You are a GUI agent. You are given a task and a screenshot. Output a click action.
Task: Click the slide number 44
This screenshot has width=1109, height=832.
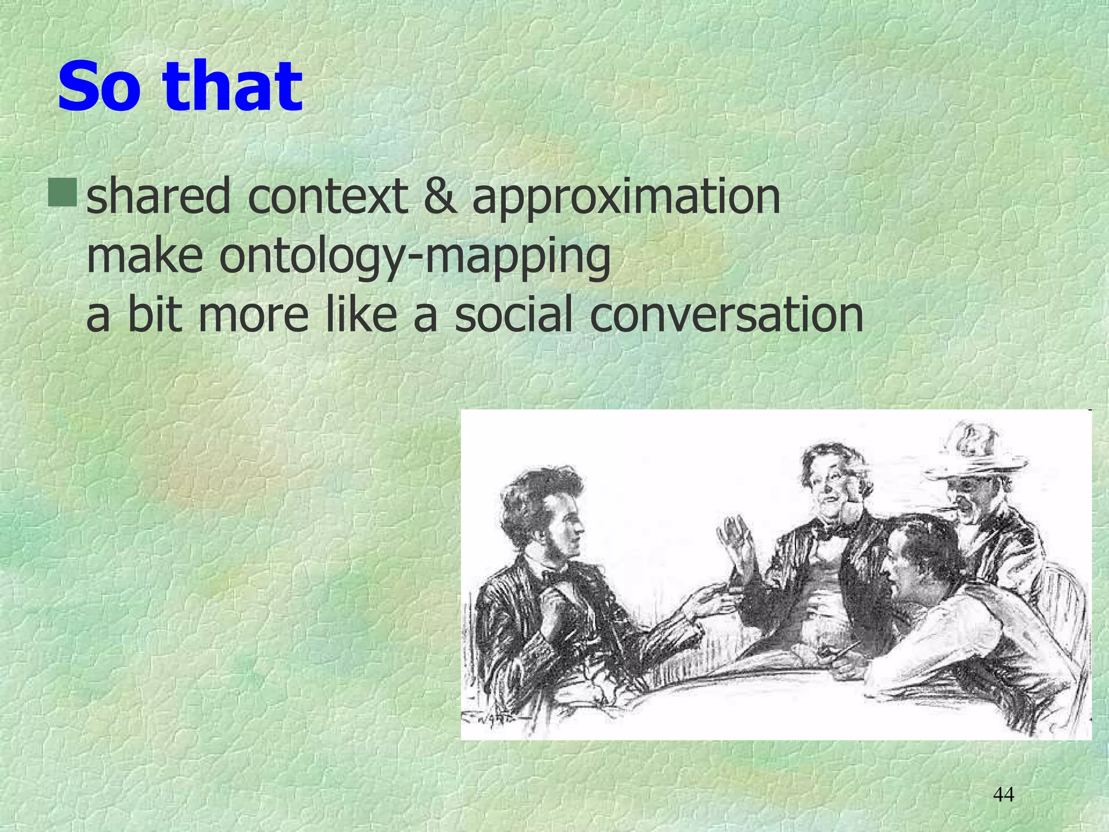point(1003,795)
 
